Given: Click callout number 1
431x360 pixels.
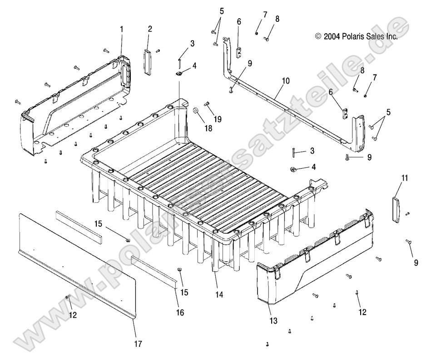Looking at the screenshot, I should point(121,29).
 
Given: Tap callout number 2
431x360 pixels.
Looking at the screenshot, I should point(150,29).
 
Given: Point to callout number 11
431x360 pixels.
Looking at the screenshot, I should point(405,178).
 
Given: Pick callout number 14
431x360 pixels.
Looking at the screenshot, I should point(219,295).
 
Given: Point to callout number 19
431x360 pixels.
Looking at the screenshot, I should point(218,120).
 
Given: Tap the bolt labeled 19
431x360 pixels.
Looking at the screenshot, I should point(208,104).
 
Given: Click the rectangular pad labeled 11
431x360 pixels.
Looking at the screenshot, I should point(396,209).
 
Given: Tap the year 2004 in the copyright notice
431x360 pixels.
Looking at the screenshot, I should point(331,36).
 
